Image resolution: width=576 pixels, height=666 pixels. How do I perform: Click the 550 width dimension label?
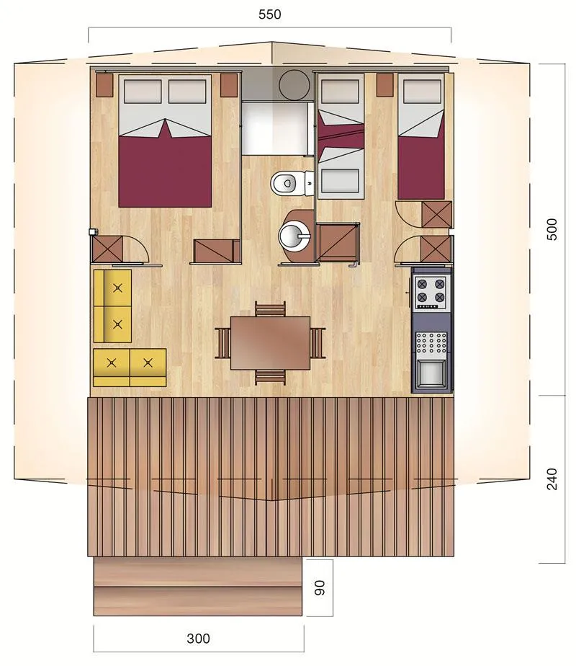[x=269, y=14]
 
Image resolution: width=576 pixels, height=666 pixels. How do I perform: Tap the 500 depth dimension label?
[x=552, y=229]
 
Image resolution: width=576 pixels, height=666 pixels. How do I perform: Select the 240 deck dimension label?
[x=552, y=479]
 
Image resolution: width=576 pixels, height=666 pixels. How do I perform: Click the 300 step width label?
[x=198, y=638]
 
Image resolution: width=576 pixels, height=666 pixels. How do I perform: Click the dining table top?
[x=270, y=342]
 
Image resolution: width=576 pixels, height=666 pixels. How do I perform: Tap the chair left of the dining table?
[x=223, y=342]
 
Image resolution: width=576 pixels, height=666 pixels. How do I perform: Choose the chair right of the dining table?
[x=318, y=342]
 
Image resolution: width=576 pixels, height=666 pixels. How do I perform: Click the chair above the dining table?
[x=270, y=311]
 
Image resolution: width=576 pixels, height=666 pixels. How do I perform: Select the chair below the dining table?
[x=270, y=376]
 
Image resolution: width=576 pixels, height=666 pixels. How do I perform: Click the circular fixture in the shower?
[x=293, y=85]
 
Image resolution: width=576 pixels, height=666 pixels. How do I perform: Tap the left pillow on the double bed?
[x=143, y=92]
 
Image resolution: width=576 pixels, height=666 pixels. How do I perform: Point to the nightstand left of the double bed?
[x=105, y=86]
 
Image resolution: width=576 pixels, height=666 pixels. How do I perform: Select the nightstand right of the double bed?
[x=228, y=85]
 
